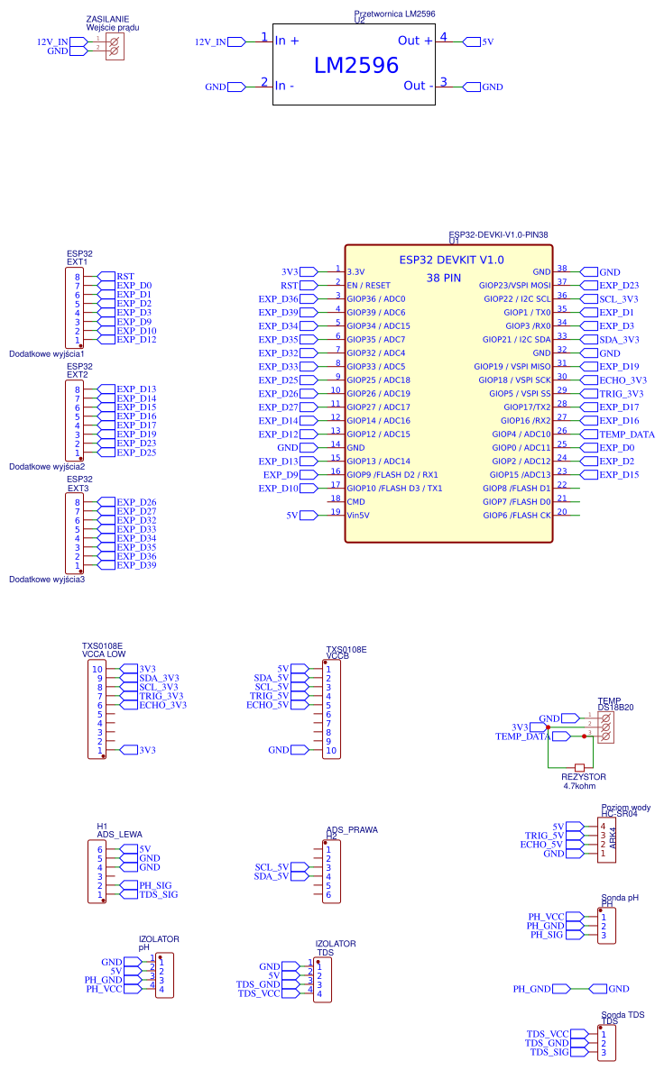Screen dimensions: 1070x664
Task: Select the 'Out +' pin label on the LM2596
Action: click(415, 41)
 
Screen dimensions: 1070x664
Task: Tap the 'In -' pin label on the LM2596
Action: click(284, 86)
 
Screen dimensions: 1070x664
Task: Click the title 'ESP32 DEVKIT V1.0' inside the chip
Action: click(451, 260)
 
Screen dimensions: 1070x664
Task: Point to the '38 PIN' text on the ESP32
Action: click(444, 278)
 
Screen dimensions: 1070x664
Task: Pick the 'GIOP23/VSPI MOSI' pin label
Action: click(514, 285)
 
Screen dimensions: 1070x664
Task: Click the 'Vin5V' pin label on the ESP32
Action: click(359, 515)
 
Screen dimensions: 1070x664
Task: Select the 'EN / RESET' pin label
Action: click(369, 285)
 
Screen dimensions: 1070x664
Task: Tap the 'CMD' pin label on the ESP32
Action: click(356, 501)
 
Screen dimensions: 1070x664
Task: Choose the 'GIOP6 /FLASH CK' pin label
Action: click(517, 515)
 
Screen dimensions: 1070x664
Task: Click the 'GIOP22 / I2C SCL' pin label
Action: click(517, 298)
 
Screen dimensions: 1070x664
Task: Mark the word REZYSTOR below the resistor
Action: click(584, 776)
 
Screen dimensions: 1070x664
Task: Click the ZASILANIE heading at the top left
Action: click(106, 18)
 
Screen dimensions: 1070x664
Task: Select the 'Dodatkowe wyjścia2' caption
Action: click(47, 467)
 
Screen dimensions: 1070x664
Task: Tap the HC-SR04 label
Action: click(619, 813)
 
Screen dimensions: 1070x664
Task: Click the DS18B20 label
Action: click(615, 709)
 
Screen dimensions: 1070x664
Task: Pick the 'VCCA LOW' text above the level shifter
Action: click(104, 654)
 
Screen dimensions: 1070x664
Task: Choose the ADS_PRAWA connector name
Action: click(352, 829)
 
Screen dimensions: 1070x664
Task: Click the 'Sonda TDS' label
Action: click(623, 1015)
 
